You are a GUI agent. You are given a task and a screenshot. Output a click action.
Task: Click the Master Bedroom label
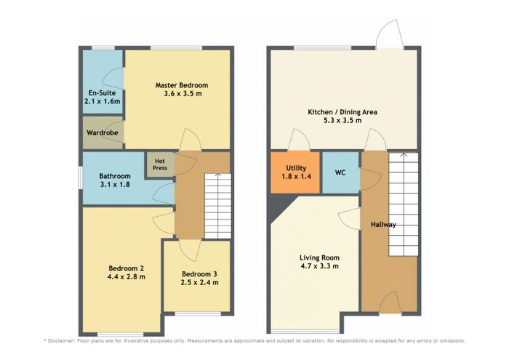(182, 85)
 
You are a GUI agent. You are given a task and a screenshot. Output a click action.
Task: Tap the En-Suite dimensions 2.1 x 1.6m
(103, 101)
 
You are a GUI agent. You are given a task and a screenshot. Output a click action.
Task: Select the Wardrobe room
(103, 132)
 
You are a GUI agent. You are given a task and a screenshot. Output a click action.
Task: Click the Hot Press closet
(160, 164)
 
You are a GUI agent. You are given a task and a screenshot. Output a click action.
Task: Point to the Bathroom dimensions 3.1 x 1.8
(115, 185)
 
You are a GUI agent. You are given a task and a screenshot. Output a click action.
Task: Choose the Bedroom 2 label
(127, 268)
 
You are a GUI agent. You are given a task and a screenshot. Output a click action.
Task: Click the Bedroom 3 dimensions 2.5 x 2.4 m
(200, 282)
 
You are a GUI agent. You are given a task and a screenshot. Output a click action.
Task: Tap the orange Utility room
(295, 172)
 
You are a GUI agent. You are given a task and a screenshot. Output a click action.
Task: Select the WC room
(340, 172)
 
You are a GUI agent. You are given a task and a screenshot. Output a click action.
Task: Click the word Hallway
(383, 225)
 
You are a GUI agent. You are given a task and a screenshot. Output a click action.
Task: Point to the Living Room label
(319, 257)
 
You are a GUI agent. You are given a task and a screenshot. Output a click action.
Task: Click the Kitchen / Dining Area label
(342, 112)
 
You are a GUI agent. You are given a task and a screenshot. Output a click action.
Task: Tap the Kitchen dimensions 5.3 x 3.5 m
(342, 121)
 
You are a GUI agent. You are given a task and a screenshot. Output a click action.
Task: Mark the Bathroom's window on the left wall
(81, 177)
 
